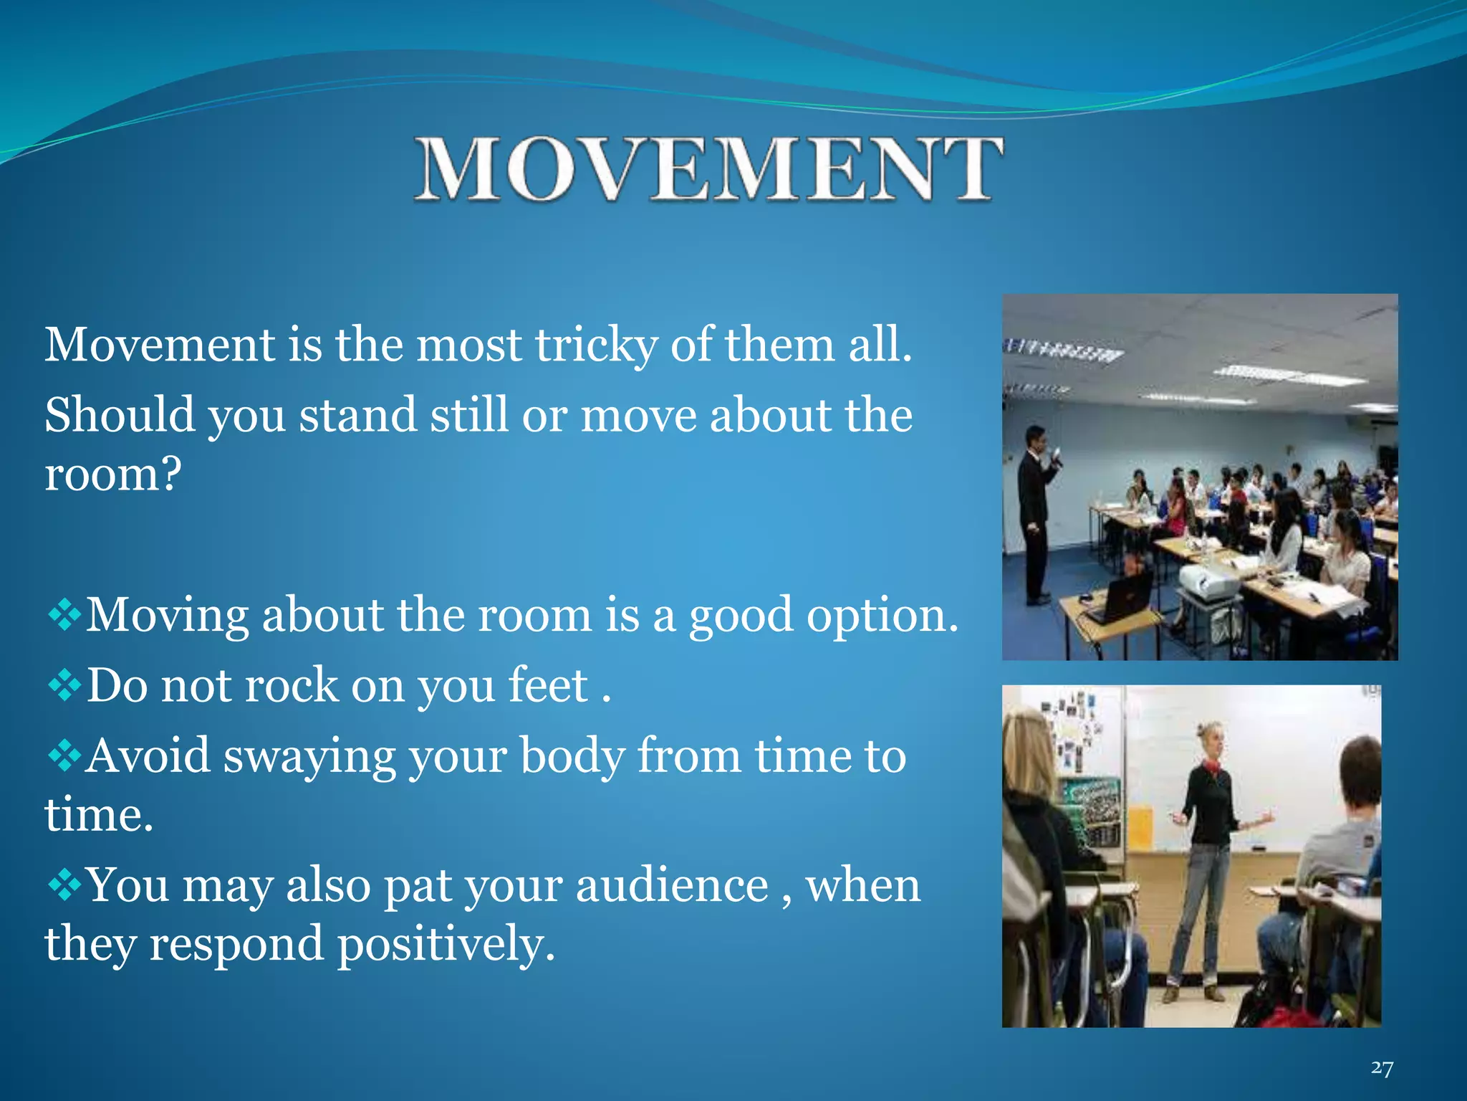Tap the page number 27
[1382, 1069]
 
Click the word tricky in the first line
[596, 345]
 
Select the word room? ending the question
[113, 475]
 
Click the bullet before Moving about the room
[64, 616]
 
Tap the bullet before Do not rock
[64, 686]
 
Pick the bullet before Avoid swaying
[64, 756]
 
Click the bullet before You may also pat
[64, 885]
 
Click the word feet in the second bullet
[548, 685]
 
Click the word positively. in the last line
[446, 944]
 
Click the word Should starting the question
[120, 416]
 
